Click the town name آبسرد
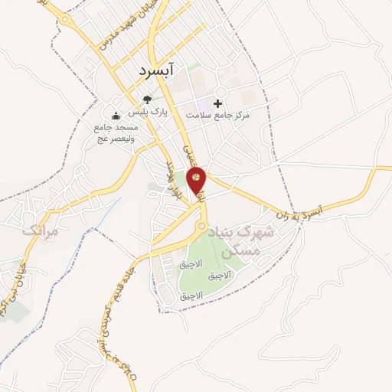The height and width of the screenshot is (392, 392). point(158,70)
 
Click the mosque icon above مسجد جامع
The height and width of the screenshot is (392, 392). point(116,116)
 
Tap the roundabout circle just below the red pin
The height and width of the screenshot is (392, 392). point(201,227)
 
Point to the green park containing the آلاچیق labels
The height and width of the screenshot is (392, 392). point(211,260)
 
